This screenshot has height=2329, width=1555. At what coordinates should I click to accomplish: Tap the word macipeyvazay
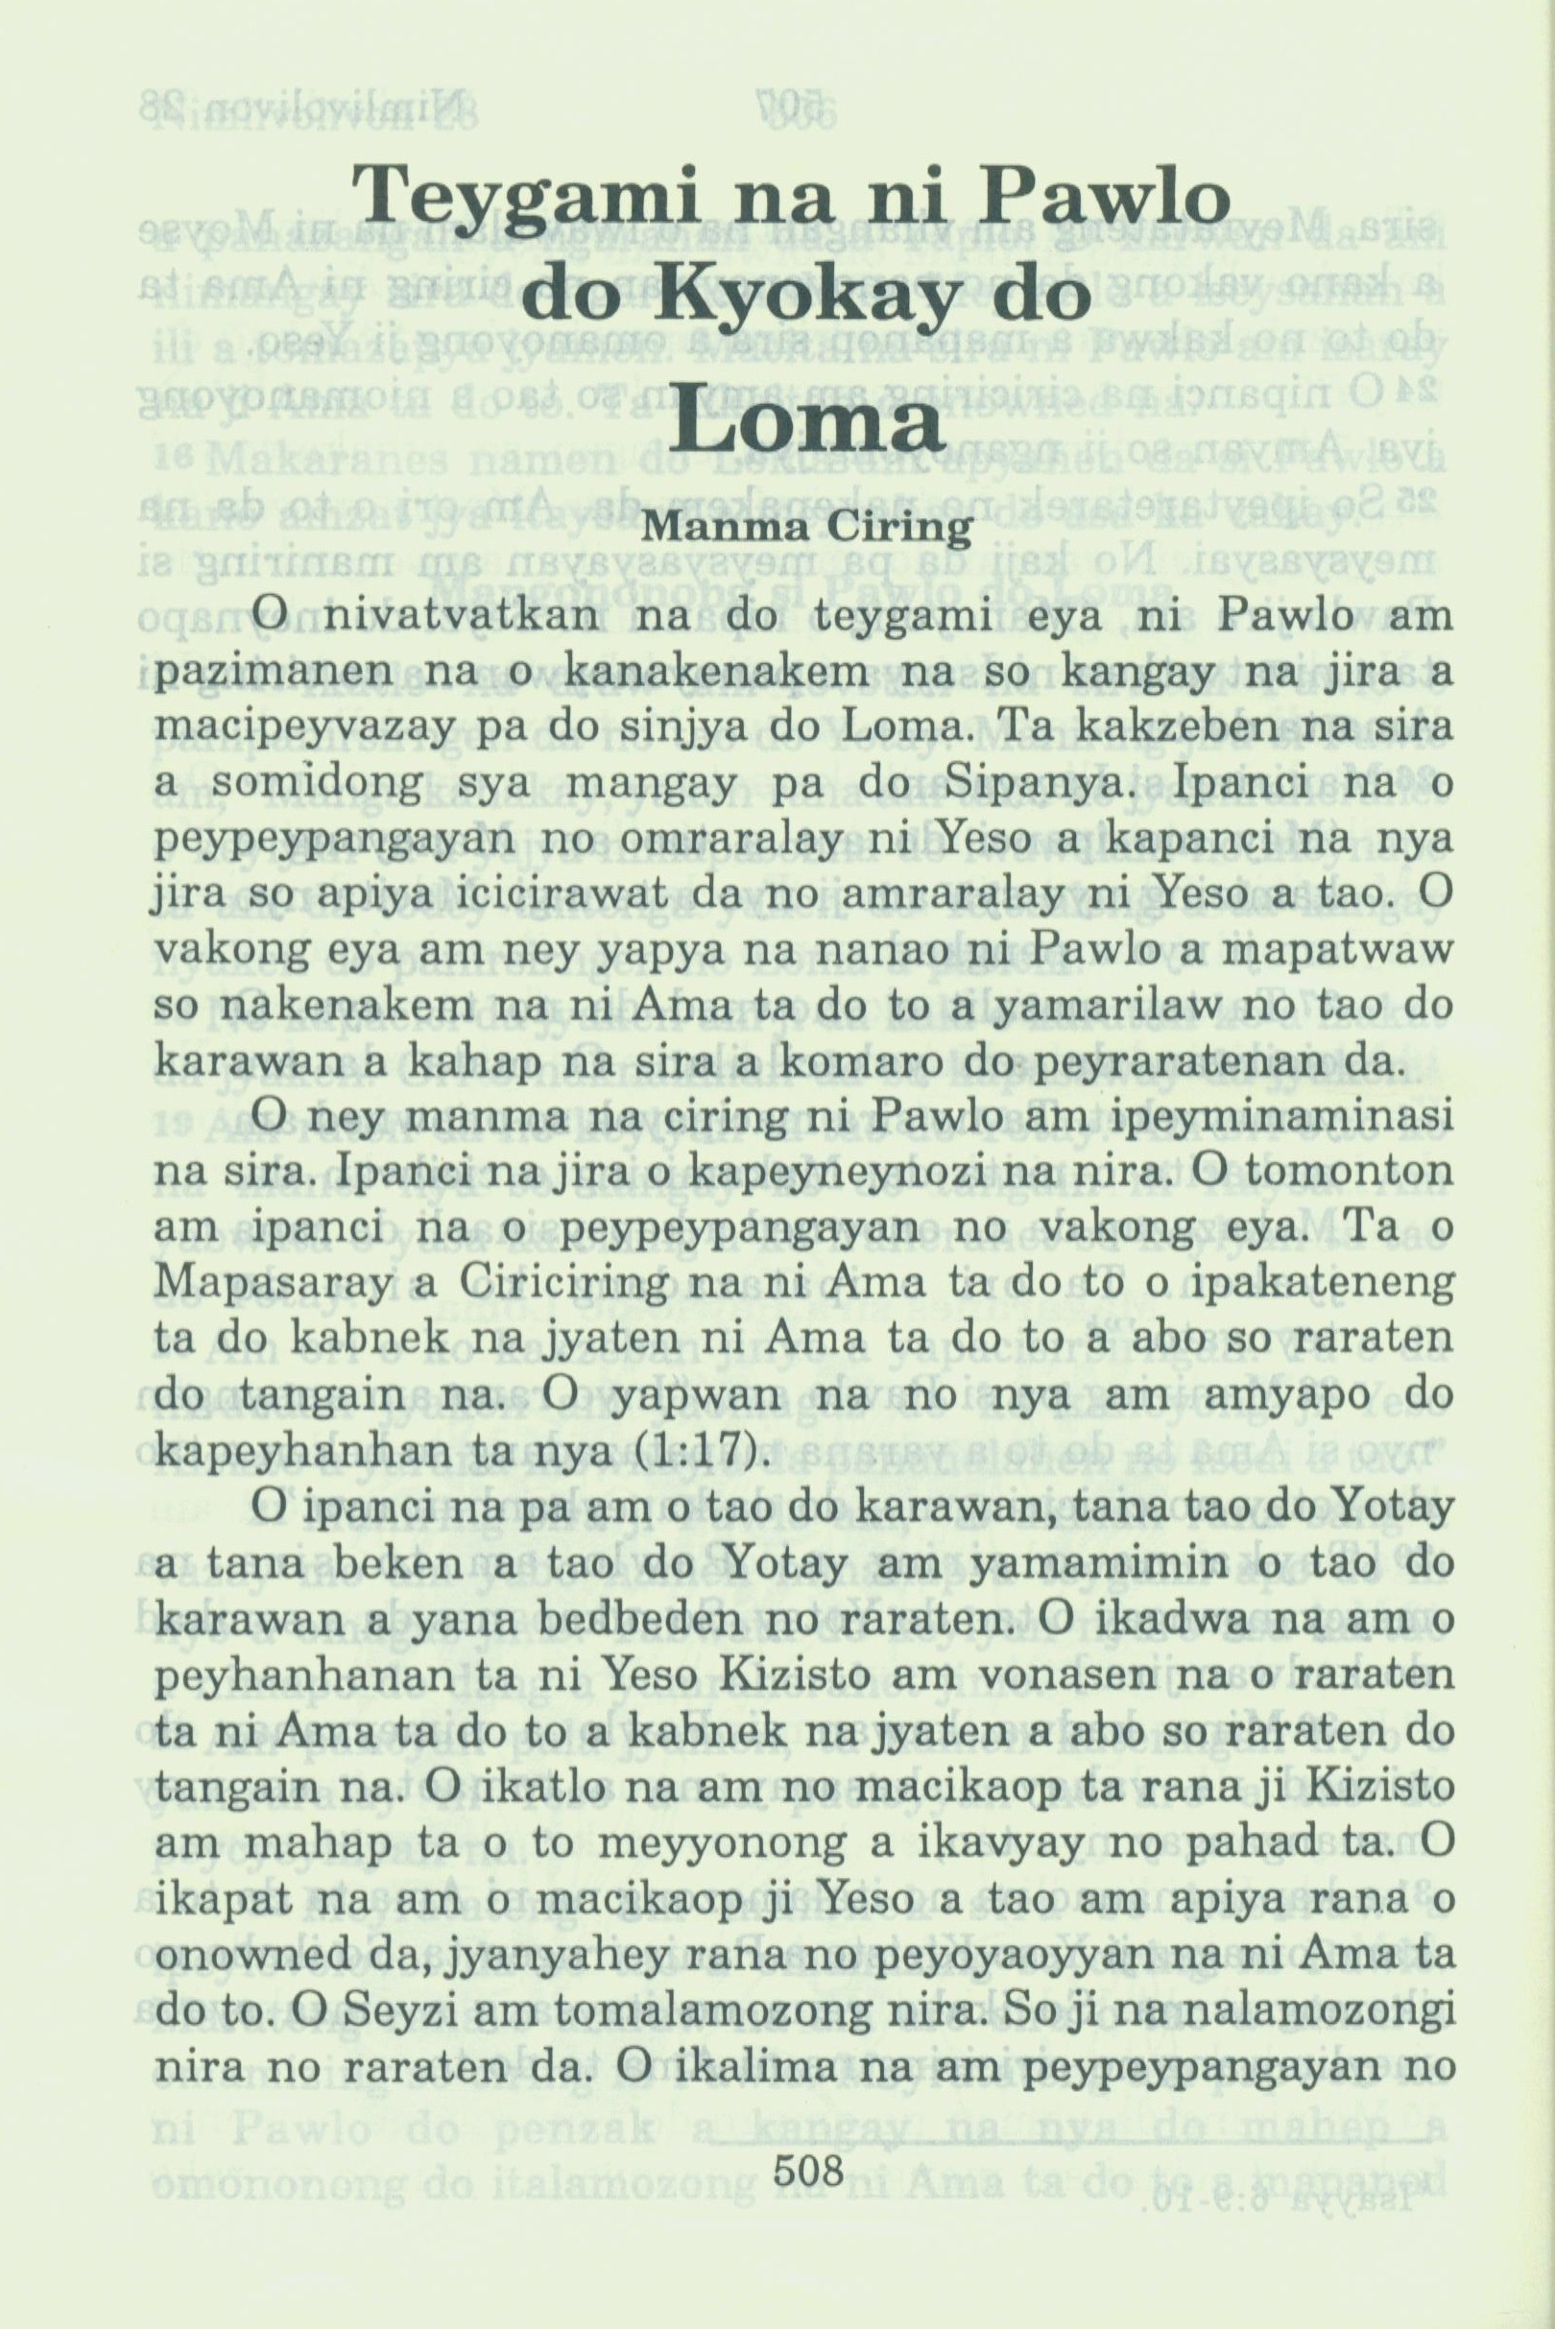(296, 728)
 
